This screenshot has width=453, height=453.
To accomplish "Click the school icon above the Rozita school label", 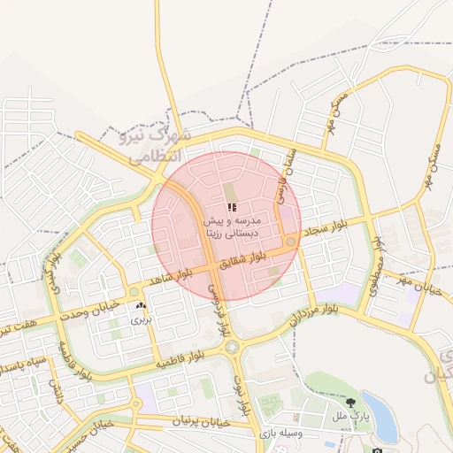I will tap(233, 206).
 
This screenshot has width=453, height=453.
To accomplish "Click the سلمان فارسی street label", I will tap(285, 176).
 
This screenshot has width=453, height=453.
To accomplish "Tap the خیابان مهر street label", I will tap(418, 286).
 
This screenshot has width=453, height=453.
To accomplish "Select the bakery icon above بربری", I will tap(141, 306).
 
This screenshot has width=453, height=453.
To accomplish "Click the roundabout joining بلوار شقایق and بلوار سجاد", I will tap(290, 242).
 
